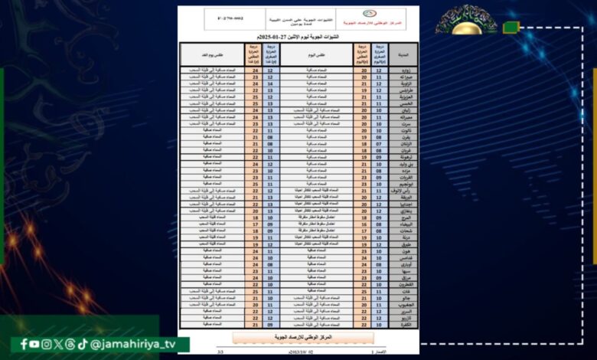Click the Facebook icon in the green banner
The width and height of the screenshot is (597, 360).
coord(24,344)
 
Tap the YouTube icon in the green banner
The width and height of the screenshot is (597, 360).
coord(34,344)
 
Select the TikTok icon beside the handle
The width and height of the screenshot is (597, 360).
coord(83,344)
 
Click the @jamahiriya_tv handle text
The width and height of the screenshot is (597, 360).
coord(133,344)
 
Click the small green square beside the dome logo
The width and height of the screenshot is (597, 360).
coord(511,28)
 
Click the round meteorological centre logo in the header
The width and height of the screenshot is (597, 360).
coord(369,13)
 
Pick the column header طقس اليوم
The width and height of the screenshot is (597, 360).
coord(315,54)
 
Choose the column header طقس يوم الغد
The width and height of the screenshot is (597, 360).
coord(211,54)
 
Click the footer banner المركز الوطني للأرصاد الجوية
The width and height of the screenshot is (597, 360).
coord(304,337)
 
